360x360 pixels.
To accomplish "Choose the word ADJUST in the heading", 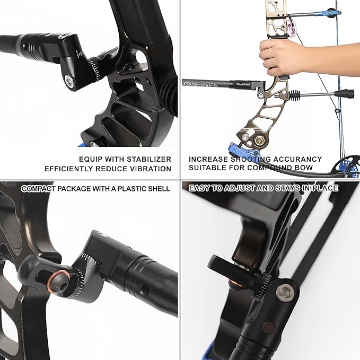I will pos(250,188).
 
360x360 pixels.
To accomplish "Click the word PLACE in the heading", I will pos(324,188).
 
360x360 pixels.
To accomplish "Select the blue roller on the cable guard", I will pos(331,11).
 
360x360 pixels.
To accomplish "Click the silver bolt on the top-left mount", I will pos(69,80).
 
